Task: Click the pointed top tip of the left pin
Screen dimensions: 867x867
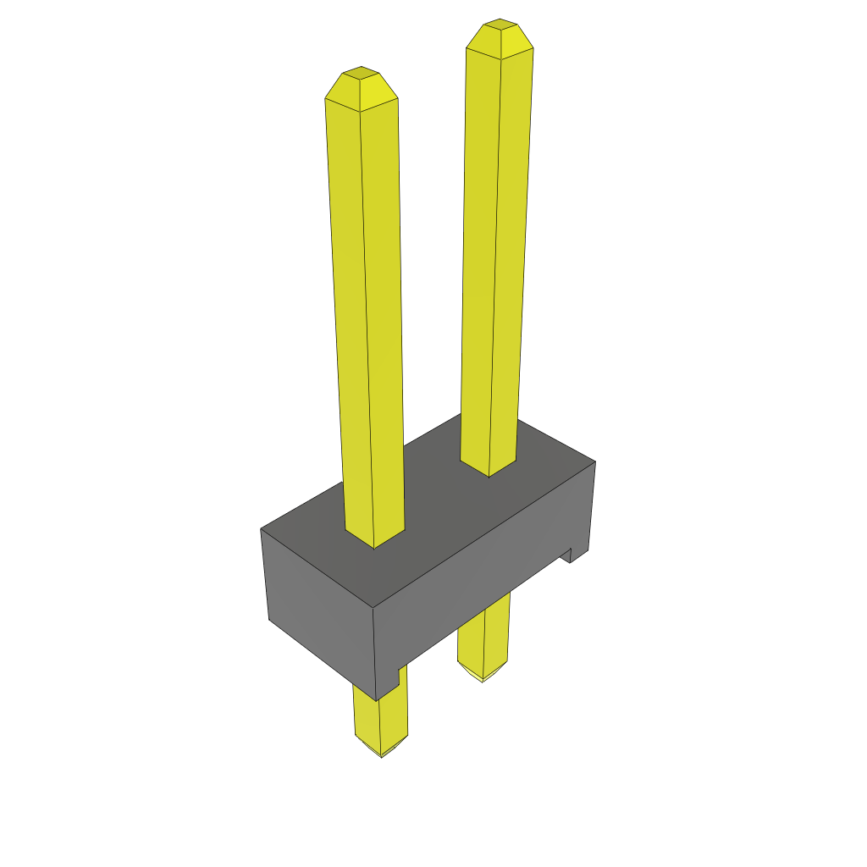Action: coord(362,75)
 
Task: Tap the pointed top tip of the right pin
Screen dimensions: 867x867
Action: coord(500,25)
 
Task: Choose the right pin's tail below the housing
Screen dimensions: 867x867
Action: coord(484,635)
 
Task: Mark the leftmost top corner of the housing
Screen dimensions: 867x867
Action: coord(261,530)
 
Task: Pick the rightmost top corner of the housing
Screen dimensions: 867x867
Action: coord(595,461)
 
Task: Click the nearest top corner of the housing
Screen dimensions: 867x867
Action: coord(373,608)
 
